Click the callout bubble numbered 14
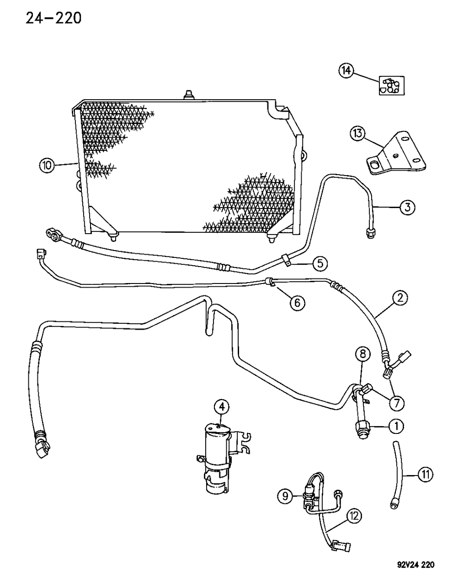point(346,71)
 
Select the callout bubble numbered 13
point(358,134)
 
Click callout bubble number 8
point(362,353)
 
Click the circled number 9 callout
point(285,496)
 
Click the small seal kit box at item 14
point(389,86)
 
